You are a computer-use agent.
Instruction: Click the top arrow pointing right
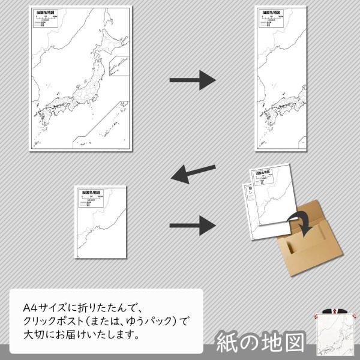(x=192, y=79)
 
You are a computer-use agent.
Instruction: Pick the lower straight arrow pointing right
(x=192, y=225)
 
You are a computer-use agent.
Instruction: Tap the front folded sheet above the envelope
(x=270, y=201)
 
